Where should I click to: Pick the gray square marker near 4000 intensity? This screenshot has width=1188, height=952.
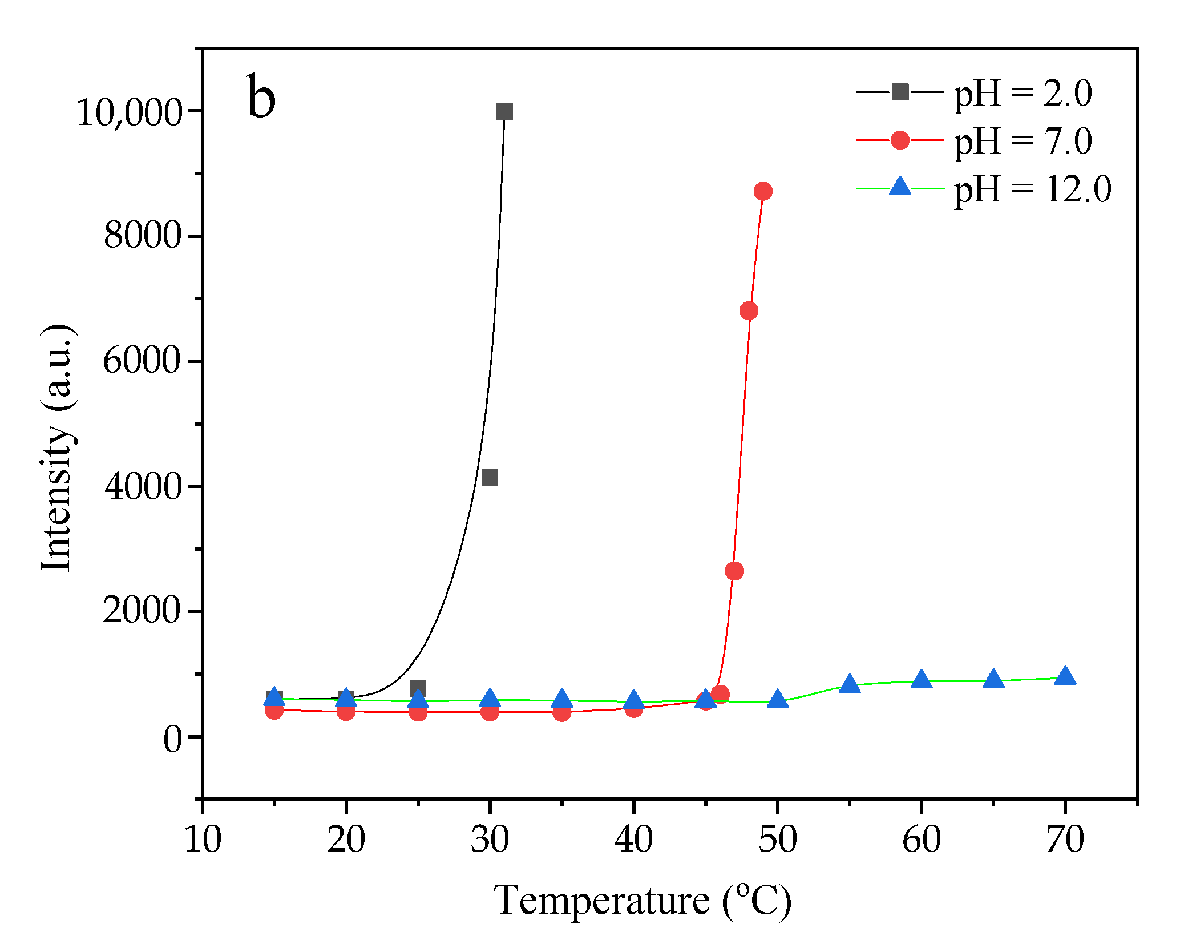[x=490, y=477]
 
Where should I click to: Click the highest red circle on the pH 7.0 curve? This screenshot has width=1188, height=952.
[x=763, y=191]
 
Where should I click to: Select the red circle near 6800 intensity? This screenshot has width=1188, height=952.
[x=749, y=311]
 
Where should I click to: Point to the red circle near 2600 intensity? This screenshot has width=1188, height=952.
[x=734, y=571]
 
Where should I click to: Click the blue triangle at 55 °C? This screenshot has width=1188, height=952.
[x=850, y=684]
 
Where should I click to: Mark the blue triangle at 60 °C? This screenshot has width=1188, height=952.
[x=922, y=680]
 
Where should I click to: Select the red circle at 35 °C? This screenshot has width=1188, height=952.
[x=562, y=712]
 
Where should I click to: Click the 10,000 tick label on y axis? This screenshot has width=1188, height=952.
[x=128, y=112]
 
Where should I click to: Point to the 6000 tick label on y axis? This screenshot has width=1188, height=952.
[x=142, y=361]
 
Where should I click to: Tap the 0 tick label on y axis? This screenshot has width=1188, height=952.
[x=172, y=739]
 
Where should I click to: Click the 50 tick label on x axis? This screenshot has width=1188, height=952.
[x=777, y=840]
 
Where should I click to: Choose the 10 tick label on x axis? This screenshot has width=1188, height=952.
[x=203, y=840]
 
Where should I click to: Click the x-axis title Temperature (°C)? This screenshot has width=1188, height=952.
[x=643, y=901]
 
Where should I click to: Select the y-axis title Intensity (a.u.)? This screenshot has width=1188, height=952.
[x=57, y=448]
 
